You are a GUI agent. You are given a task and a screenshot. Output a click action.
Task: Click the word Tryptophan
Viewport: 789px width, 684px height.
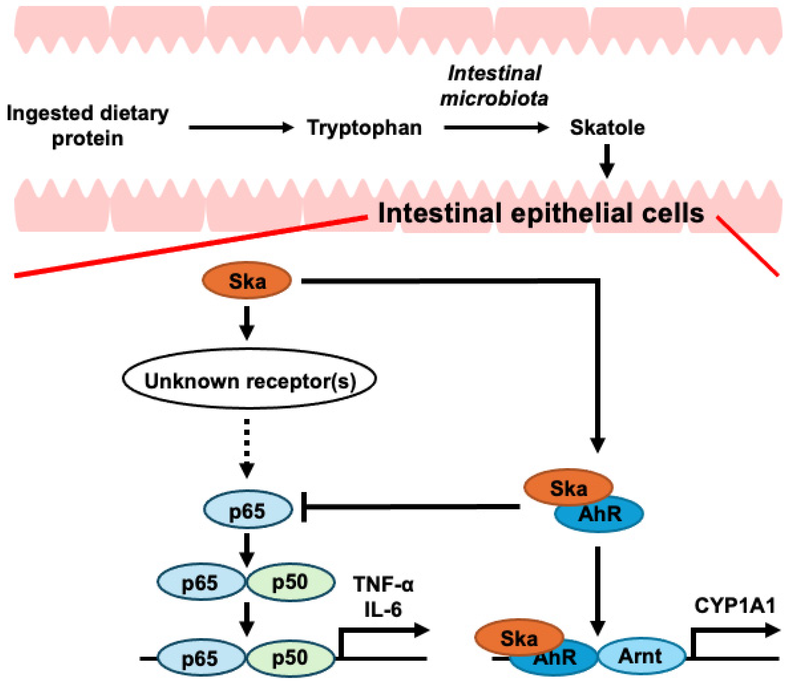364,128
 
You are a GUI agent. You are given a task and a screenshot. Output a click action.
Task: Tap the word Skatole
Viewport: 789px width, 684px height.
607,128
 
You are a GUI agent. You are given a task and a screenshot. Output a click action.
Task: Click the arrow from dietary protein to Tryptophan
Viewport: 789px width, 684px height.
241,127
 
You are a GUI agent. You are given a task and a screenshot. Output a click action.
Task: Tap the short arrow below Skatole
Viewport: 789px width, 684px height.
607,160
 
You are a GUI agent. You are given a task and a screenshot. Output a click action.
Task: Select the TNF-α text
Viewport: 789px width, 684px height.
383,584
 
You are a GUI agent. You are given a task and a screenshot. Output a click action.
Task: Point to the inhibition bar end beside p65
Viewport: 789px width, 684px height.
304,507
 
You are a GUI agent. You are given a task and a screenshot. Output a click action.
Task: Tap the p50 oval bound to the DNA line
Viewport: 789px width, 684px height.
290,658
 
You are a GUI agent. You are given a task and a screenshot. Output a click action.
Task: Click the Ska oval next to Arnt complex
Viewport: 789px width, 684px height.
519,638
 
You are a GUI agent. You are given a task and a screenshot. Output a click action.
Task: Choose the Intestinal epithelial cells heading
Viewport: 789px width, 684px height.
540,213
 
